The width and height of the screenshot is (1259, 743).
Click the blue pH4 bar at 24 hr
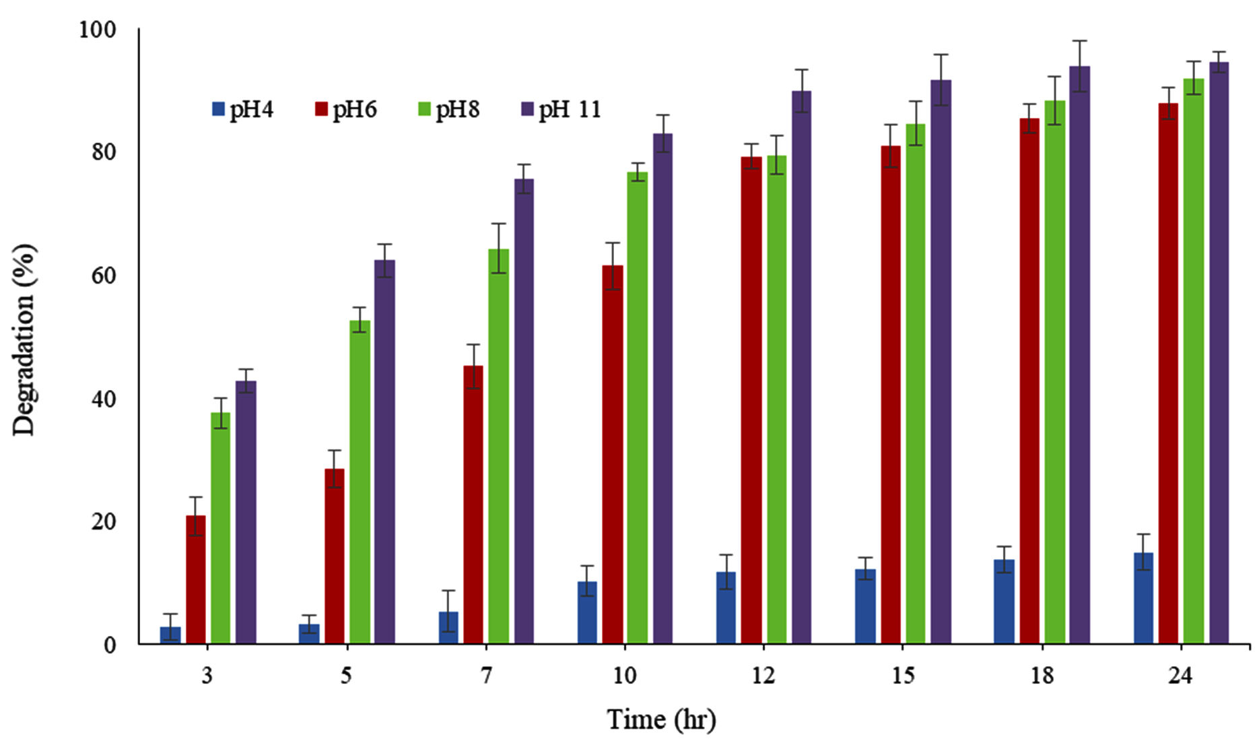[1143, 598]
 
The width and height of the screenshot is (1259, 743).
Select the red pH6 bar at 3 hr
[196, 579]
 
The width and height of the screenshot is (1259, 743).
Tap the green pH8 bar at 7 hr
[498, 446]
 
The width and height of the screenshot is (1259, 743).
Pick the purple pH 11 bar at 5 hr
[384, 451]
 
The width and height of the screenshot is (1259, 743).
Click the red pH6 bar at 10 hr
[613, 455]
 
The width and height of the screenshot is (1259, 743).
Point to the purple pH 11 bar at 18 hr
[1079, 354]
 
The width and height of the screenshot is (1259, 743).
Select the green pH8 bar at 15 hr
[916, 384]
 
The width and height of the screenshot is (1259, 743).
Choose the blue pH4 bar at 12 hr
[726, 608]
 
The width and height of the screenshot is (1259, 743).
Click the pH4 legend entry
[242, 109]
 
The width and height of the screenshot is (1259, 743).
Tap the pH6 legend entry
[346, 109]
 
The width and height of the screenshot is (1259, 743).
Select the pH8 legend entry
[449, 109]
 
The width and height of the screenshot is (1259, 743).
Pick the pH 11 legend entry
[561, 109]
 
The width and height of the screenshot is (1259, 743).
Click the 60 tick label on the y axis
[102, 276]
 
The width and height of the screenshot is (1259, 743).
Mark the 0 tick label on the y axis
[110, 645]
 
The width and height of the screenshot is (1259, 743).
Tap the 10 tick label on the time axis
[624, 676]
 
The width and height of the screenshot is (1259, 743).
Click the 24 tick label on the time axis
[1180, 676]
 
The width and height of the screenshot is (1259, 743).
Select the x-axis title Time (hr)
[661, 719]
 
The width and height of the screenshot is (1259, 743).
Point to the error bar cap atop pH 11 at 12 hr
[801, 69]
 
